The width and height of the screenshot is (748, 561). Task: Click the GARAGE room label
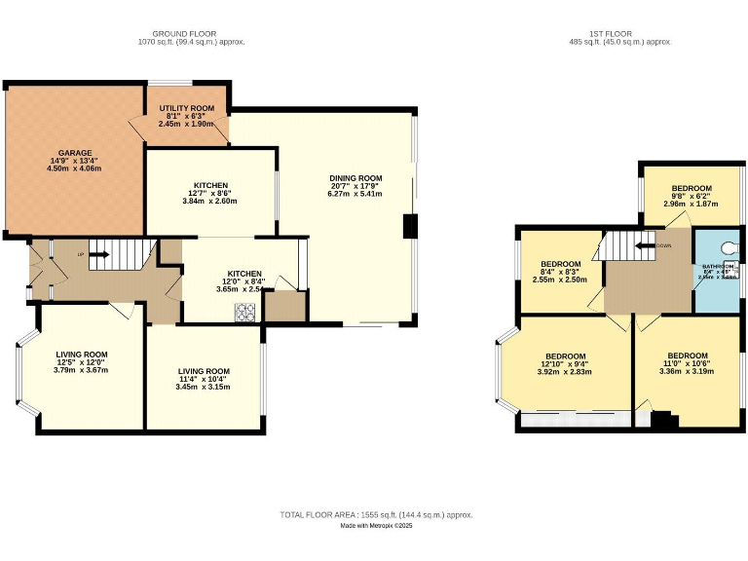(74, 153)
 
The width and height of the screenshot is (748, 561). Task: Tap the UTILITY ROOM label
(186, 107)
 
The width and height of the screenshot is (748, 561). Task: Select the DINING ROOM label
(355, 178)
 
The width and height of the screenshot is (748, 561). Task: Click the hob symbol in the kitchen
(244, 312)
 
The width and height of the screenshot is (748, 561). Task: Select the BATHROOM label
(718, 266)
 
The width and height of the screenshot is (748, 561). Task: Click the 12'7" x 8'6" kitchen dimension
(210, 193)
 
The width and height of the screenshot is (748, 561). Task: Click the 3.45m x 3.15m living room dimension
(204, 387)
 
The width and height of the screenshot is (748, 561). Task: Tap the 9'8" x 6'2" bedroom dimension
(692, 197)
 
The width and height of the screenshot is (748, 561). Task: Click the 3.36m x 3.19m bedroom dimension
(686, 371)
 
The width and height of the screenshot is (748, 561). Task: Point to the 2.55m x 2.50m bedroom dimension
(560, 280)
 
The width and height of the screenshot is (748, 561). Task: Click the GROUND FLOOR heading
(191, 34)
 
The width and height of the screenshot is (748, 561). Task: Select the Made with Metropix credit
(376, 526)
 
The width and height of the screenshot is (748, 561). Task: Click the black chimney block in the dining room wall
(410, 227)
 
